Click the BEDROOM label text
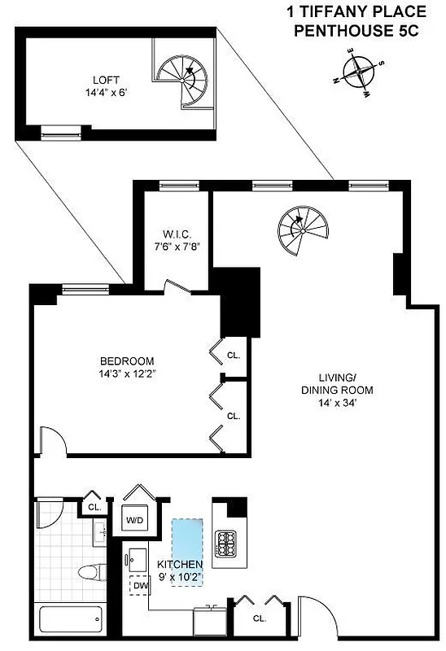click(127, 361)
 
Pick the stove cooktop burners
click(224, 543)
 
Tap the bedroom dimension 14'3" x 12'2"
click(127, 374)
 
